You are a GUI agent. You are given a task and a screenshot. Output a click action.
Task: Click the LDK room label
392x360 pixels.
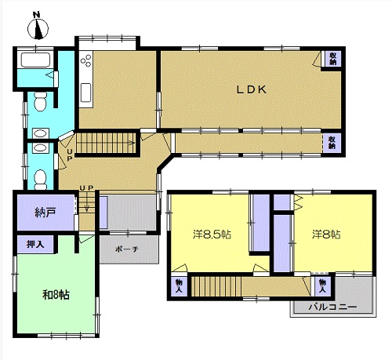click(x=252, y=89)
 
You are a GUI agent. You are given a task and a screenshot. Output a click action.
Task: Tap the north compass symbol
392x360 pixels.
click(x=38, y=27)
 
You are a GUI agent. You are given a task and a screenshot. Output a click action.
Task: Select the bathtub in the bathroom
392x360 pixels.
click(x=35, y=60)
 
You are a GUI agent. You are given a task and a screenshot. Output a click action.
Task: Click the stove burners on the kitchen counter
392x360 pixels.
click(x=86, y=60)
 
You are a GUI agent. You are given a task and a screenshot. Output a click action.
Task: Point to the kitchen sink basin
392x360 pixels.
click(x=85, y=93)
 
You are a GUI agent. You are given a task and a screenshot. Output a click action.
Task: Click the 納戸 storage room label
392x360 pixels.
click(x=45, y=213)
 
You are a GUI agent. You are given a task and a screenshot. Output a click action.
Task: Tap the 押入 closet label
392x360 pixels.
click(x=35, y=245)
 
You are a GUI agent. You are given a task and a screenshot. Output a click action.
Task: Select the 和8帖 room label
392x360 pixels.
click(x=56, y=295)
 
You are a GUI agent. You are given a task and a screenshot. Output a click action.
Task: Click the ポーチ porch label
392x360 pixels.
click(x=127, y=249)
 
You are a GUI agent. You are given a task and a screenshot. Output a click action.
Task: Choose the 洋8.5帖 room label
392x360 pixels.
click(x=212, y=235)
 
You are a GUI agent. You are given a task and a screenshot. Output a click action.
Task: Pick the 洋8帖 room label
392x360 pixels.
click(x=326, y=235)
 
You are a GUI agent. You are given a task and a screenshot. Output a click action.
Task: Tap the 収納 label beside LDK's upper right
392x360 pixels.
click(x=332, y=59)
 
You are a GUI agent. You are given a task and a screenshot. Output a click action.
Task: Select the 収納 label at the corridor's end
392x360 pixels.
click(x=332, y=143)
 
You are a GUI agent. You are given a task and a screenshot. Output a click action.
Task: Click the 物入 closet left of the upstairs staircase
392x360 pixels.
click(x=179, y=285)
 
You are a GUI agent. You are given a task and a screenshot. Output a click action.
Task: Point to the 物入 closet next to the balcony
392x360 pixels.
click(x=322, y=285)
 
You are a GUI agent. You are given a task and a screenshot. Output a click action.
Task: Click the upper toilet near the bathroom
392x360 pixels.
click(x=41, y=101)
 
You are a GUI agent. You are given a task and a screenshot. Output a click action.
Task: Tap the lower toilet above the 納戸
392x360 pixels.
click(x=41, y=180)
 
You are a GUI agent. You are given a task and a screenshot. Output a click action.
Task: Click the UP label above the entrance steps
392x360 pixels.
click(x=86, y=187)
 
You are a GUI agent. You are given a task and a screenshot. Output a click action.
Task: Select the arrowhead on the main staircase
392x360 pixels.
click(x=133, y=143)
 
